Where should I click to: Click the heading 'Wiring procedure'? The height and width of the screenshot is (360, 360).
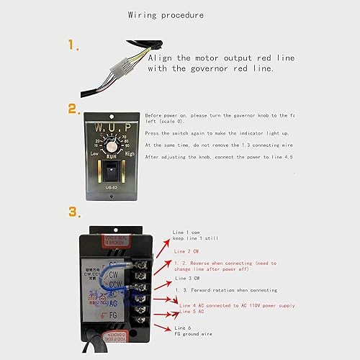(x=165, y=14)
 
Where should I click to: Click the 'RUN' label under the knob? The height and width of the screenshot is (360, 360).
(x=112, y=155)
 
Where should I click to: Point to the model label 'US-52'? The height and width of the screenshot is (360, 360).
(x=112, y=186)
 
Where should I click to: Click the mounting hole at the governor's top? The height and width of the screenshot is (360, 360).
(x=112, y=115)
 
